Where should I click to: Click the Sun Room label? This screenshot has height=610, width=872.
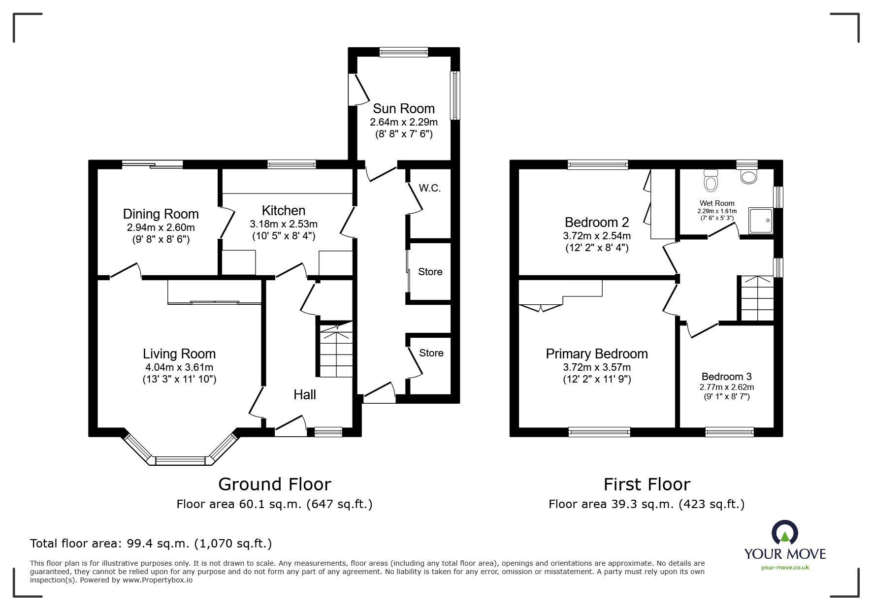403,108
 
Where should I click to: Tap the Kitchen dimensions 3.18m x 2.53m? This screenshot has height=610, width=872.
283,224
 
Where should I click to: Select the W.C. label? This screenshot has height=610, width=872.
429,188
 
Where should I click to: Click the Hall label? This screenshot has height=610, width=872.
304,394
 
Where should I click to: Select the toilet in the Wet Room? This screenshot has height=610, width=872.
710,181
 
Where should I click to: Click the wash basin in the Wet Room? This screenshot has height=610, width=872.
748,177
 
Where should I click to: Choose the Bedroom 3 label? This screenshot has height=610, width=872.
726,377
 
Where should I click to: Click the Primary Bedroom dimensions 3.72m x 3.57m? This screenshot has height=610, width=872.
596,367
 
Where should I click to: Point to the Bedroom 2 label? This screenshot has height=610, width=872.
596,222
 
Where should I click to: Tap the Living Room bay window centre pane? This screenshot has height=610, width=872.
180,461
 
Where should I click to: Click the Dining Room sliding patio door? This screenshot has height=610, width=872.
153,164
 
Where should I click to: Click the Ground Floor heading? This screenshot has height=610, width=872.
274,484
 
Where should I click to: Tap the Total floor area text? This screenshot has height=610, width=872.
151,544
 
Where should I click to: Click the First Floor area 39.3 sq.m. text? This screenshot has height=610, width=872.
646,504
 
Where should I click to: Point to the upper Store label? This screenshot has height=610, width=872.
430,272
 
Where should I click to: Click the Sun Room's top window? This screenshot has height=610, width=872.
403,52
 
